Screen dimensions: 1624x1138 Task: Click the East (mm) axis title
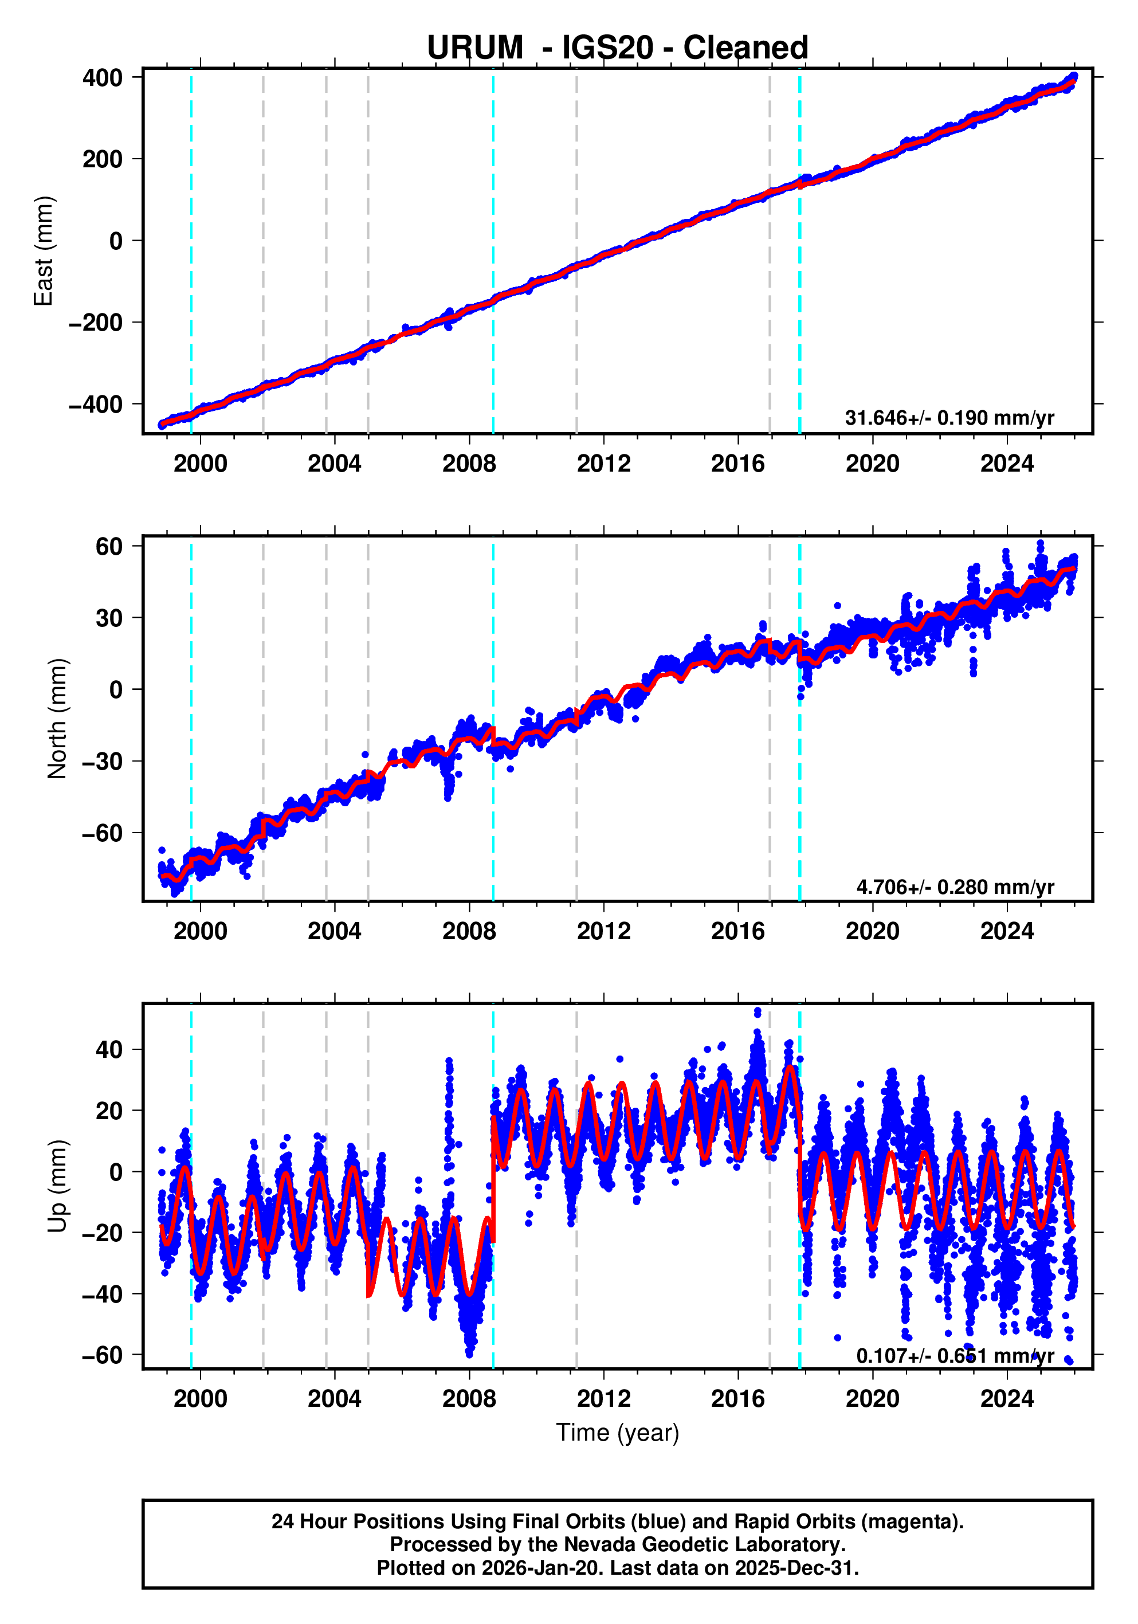pyautogui.click(x=44, y=251)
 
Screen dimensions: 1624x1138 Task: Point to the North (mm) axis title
pyautogui.click(x=57, y=719)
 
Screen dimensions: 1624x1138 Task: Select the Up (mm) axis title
pyautogui.click(x=57, y=1186)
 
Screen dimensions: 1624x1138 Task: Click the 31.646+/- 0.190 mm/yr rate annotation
pyautogui.click(x=948, y=417)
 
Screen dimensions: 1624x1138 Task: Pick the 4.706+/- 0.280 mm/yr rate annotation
pyautogui.click(x=954, y=886)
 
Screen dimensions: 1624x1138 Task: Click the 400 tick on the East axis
pyautogui.click(x=103, y=78)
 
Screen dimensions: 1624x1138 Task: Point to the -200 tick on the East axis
pyautogui.click(x=96, y=323)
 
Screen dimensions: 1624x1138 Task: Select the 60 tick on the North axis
pyautogui.click(x=109, y=546)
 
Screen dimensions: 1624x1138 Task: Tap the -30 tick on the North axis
pyautogui.click(x=103, y=762)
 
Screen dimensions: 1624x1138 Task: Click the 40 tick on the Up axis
pyautogui.click(x=109, y=1050)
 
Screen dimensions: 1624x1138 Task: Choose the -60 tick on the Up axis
pyautogui.click(x=103, y=1355)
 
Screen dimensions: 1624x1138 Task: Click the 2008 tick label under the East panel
pyautogui.click(x=469, y=464)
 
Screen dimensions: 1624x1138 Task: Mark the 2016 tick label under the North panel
pyautogui.click(x=737, y=932)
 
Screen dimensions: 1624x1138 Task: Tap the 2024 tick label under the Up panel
pyautogui.click(x=1006, y=1399)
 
